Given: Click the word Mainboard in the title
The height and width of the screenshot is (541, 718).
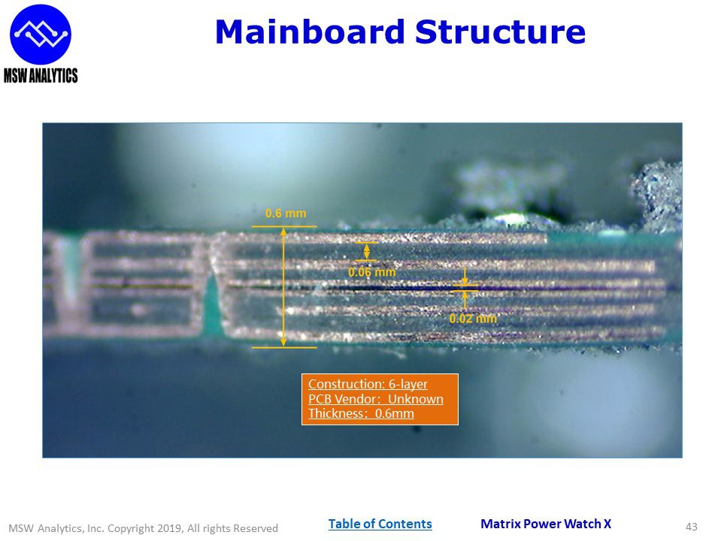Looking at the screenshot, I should pyautogui.click(x=309, y=32).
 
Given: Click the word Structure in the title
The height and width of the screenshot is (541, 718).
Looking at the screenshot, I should pyautogui.click(x=500, y=32).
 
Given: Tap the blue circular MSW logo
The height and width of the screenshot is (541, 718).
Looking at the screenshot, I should pyautogui.click(x=41, y=33).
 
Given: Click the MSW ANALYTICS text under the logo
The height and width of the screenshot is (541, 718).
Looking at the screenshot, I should pyautogui.click(x=41, y=75).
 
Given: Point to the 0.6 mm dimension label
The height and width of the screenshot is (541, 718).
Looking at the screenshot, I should pyautogui.click(x=286, y=214).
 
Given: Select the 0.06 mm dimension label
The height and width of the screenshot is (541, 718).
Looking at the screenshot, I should pyautogui.click(x=371, y=272).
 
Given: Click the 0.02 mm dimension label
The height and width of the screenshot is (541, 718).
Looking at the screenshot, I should pyautogui.click(x=473, y=319).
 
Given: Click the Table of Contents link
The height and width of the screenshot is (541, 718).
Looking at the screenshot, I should pyautogui.click(x=380, y=524).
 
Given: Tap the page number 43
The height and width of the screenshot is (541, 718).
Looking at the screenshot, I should pyautogui.click(x=692, y=527).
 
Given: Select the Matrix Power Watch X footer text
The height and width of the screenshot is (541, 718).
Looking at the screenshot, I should pyautogui.click(x=546, y=524).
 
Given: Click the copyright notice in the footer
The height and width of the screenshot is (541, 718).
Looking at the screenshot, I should pyautogui.click(x=143, y=528).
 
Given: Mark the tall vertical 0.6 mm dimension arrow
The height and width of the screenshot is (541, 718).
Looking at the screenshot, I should pyautogui.click(x=283, y=286).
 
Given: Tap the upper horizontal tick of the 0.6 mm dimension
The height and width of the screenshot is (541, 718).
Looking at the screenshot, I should pyautogui.click(x=283, y=226).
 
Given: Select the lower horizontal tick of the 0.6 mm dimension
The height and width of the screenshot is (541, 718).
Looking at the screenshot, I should pyautogui.click(x=283, y=348).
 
